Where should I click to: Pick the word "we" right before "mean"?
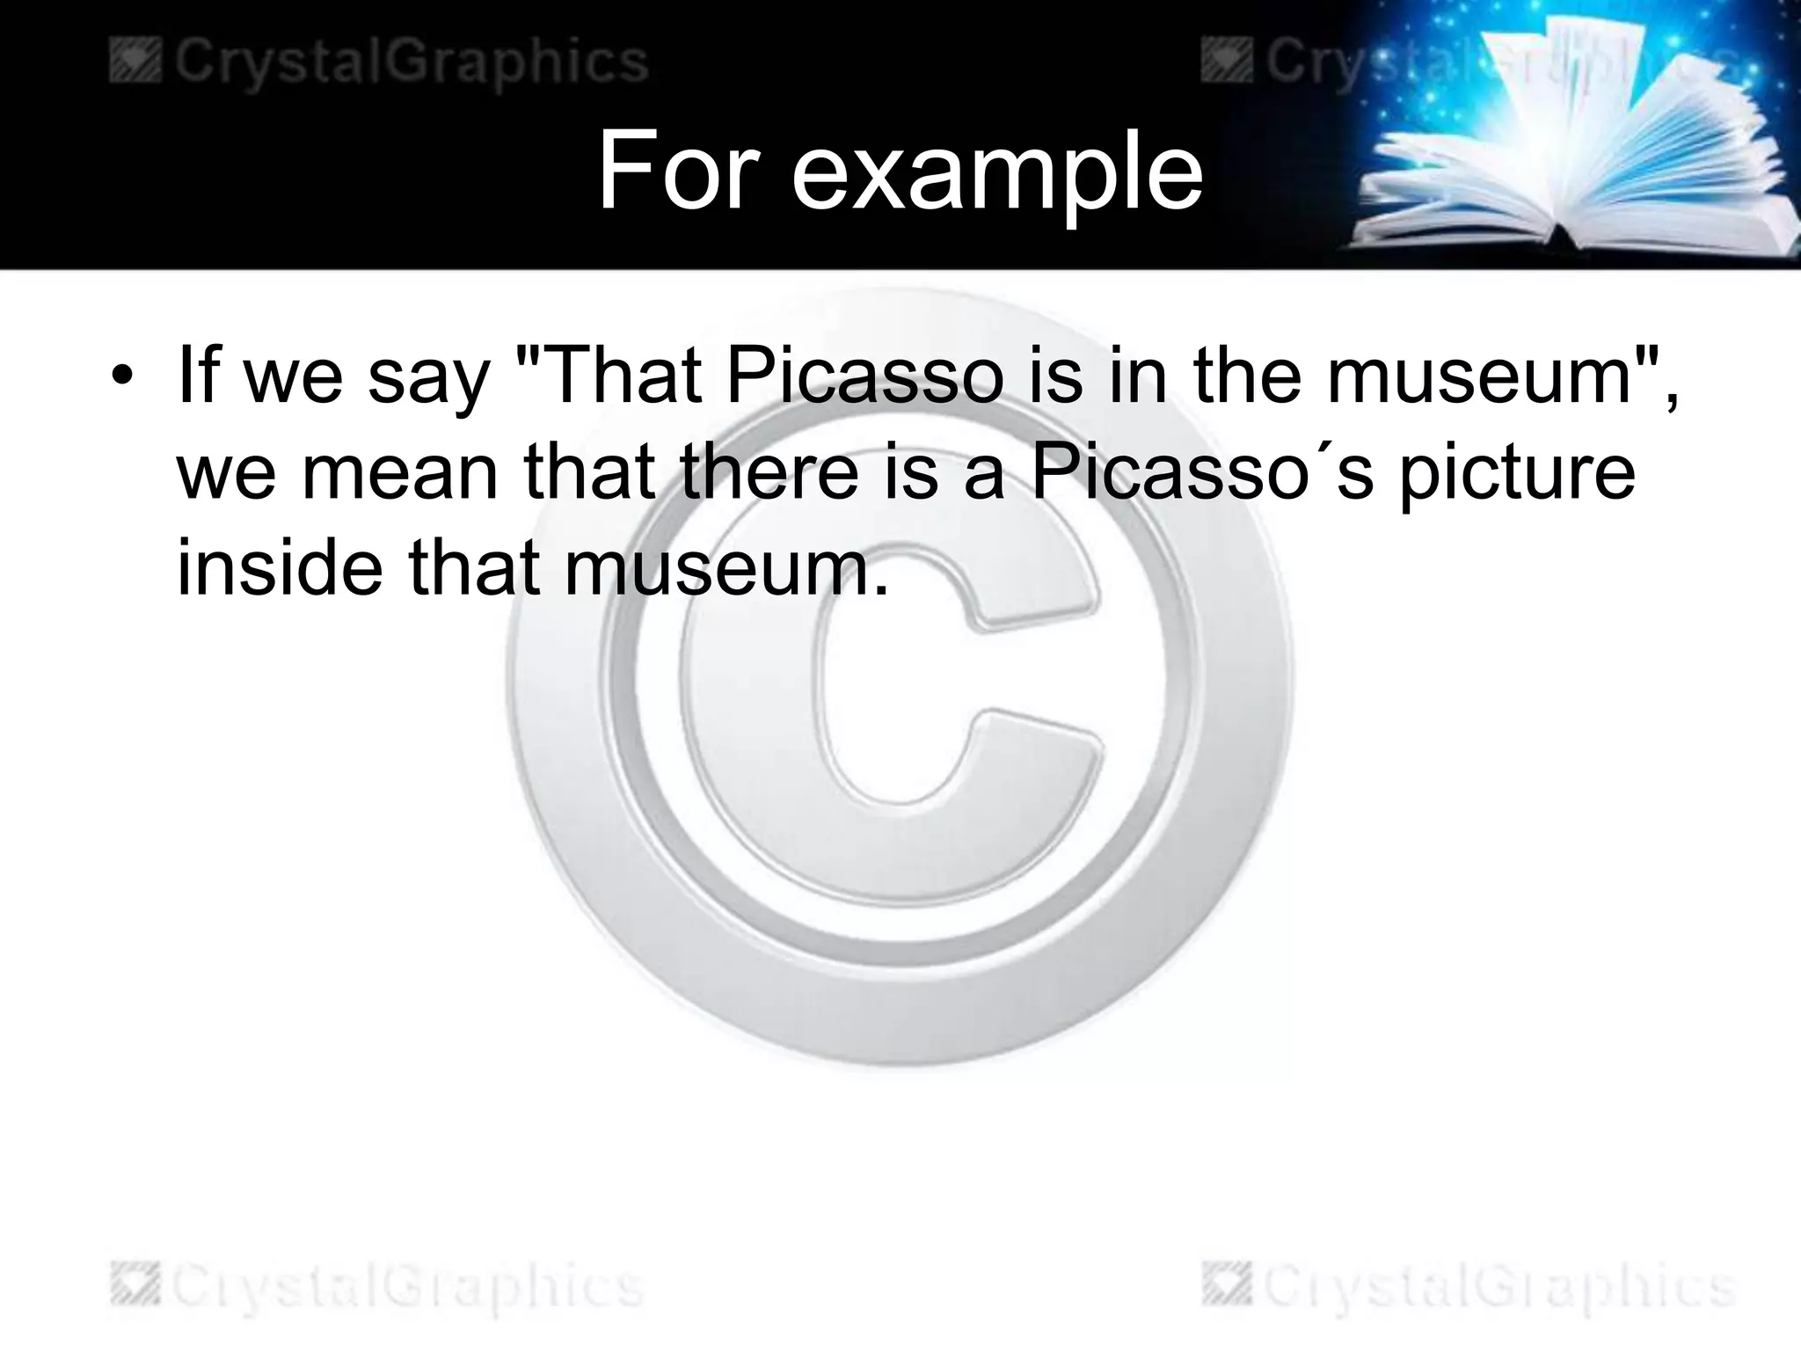click(228, 472)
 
